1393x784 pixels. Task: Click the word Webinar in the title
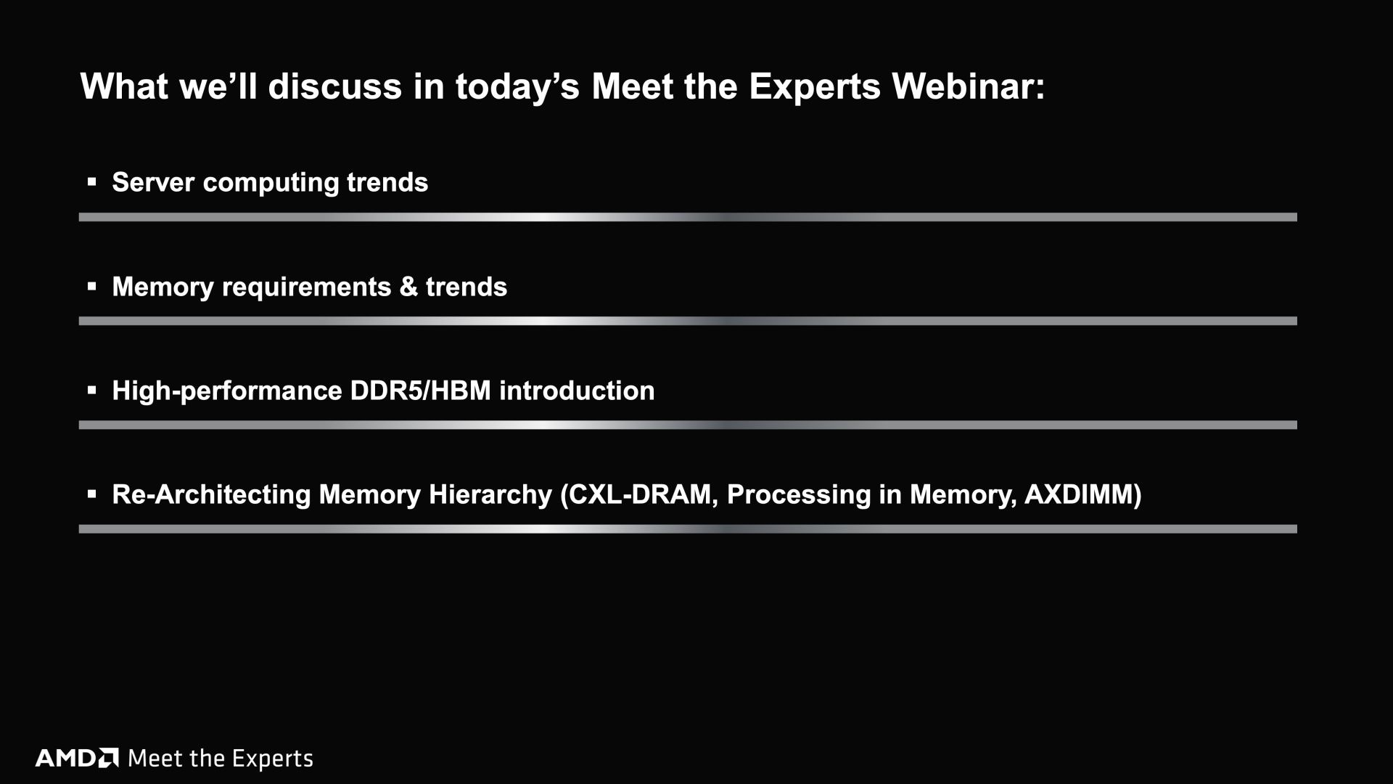(969, 86)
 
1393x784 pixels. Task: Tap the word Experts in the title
(815, 88)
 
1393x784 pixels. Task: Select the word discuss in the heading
(334, 86)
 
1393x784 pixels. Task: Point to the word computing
(271, 183)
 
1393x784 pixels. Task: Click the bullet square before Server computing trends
(91, 182)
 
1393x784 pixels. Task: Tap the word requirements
(306, 287)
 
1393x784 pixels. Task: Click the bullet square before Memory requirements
(91, 287)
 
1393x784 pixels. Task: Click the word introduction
(577, 391)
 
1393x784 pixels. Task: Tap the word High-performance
(227, 391)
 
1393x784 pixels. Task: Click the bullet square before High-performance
(91, 391)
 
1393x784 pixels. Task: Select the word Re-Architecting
(211, 495)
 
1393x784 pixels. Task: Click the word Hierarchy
(490, 495)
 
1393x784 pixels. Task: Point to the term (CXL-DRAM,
(639, 495)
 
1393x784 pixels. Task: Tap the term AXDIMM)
(1082, 495)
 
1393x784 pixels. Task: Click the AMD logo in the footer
(77, 759)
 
